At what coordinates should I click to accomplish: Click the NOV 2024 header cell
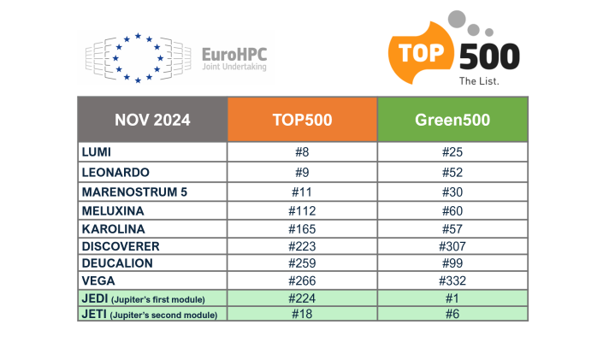coord(152,120)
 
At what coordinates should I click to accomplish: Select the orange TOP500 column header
coord(302,120)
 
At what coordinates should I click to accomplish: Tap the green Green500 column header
coord(452,120)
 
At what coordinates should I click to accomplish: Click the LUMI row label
coord(98,152)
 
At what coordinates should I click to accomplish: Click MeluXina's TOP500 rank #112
coord(302,210)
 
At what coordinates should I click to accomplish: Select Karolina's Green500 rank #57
coord(452,228)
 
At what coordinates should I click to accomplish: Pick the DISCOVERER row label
coord(121,246)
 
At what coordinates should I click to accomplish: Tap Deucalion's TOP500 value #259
coord(302,263)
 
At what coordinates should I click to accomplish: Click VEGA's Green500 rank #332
coord(452,281)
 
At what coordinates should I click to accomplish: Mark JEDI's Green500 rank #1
coord(452,298)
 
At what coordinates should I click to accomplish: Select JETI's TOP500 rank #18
coord(302,315)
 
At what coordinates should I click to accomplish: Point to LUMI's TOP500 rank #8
coord(302,152)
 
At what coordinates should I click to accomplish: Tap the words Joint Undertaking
coord(234,68)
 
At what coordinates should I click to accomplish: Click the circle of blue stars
coord(138,59)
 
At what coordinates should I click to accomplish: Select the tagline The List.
coord(480,81)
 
